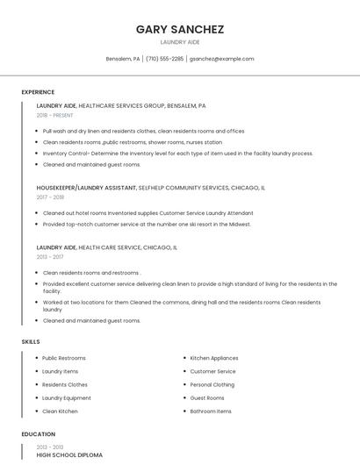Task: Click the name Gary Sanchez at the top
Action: (x=180, y=29)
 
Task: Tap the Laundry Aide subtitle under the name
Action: (x=180, y=42)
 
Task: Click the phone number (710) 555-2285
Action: (x=165, y=59)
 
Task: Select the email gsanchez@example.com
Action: (x=222, y=59)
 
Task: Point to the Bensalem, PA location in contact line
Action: (x=123, y=59)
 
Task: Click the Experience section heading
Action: (x=38, y=92)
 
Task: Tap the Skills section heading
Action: (x=31, y=341)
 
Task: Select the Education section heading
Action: (x=38, y=434)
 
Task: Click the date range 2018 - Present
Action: (x=55, y=115)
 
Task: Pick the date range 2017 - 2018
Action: (x=50, y=197)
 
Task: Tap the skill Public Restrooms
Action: (x=64, y=358)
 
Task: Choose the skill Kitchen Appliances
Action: (x=214, y=358)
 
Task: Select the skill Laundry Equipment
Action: (x=67, y=397)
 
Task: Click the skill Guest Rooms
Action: (x=207, y=397)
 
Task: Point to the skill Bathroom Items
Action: (x=211, y=411)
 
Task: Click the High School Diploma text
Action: (x=69, y=455)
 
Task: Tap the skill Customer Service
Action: (x=212, y=371)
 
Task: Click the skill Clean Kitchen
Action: (x=60, y=411)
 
